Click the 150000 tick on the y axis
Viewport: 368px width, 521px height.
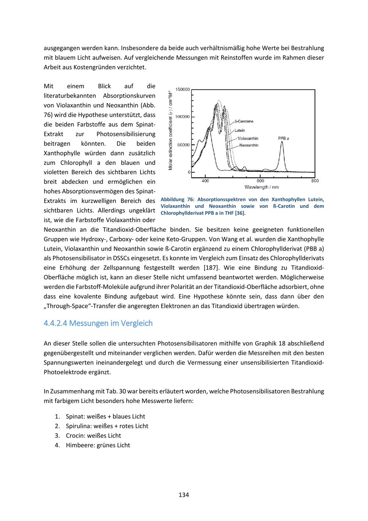pyautogui.click(x=183, y=90)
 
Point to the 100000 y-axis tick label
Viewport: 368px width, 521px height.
pyautogui.click(x=183, y=117)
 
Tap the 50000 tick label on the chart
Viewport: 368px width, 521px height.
pyautogui.click(x=184, y=145)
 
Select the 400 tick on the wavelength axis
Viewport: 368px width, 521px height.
pyautogui.click(x=205, y=181)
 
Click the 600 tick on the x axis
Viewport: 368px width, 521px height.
pyautogui.click(x=260, y=181)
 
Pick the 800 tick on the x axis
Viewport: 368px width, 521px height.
pyautogui.click(x=315, y=181)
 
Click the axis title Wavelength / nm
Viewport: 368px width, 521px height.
pyautogui.click(x=261, y=187)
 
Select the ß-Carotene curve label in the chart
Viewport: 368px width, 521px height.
pyautogui.click(x=244, y=122)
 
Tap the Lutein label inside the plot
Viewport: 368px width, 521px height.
pyautogui.click(x=240, y=130)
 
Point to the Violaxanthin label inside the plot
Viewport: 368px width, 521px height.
pyautogui.click(x=248, y=139)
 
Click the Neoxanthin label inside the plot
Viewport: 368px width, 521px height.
pyautogui.click(x=248, y=145)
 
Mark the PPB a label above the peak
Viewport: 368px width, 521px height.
pyautogui.click(x=283, y=139)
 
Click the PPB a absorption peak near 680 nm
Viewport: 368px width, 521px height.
pyautogui.click(x=282, y=143)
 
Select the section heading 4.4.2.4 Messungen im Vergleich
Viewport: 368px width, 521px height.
pyautogui.click(x=98, y=323)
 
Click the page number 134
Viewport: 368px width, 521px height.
pyautogui.click(x=184, y=495)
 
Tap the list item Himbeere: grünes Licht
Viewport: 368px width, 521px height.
pyautogui.click(x=98, y=445)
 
